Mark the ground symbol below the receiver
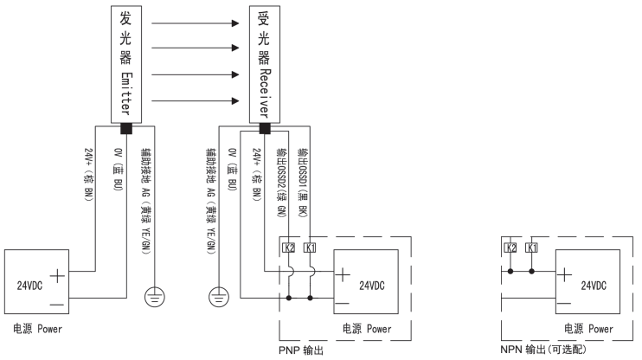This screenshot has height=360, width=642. (x=215, y=299)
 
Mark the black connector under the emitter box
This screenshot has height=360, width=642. (x=127, y=129)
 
